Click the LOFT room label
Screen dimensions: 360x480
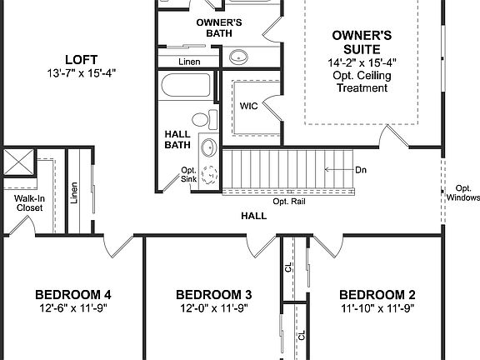tap(82, 59)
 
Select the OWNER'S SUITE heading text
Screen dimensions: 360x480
tap(362, 42)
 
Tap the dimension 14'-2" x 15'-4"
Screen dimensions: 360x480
tap(362, 62)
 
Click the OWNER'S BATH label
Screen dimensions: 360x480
tap(218, 27)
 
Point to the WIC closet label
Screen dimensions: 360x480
tap(247, 107)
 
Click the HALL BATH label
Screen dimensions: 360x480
tap(177, 138)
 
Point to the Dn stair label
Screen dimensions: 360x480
tap(359, 170)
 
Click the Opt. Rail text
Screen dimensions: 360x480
tap(287, 202)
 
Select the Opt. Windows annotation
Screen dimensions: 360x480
tap(463, 193)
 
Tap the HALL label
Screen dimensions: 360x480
tap(253, 216)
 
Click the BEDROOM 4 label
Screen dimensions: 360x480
tap(73, 295)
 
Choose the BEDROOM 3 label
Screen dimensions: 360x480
tap(214, 295)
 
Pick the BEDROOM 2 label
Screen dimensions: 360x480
tap(377, 295)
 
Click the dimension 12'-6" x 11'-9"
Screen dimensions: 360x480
tap(73, 308)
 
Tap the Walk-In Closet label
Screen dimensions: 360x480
tap(28, 202)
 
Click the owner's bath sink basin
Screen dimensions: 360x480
tap(238, 57)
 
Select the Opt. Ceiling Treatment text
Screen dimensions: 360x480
tap(362, 82)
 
